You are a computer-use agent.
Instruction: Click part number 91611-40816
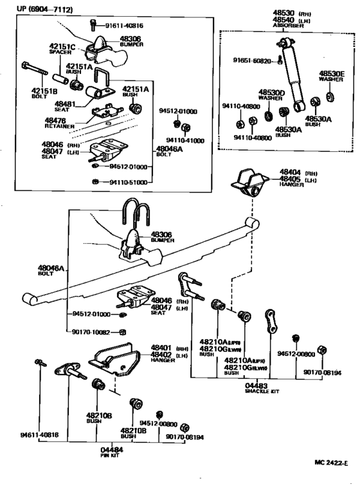126,26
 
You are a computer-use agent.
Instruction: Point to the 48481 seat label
65,103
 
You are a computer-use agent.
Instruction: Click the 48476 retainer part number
55,120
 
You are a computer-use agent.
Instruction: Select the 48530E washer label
334,74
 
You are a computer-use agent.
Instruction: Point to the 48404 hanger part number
289,173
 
